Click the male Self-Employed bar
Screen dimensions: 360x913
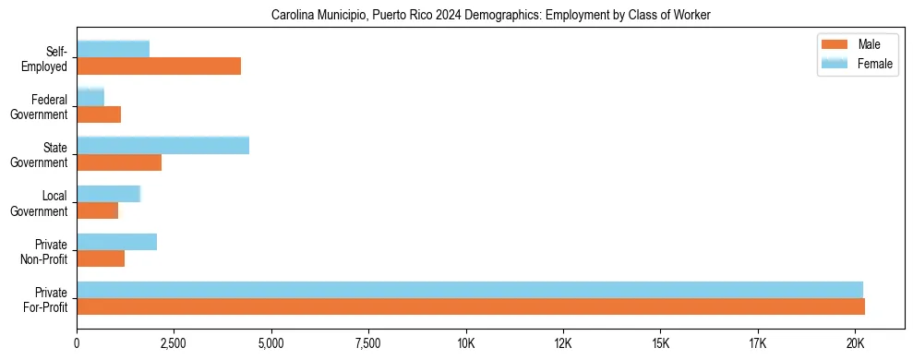click(x=159, y=66)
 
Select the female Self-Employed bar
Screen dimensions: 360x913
click(x=113, y=49)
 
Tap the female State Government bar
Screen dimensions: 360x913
click(x=162, y=145)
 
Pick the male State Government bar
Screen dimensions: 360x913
click(x=119, y=162)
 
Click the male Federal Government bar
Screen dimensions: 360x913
click(x=99, y=114)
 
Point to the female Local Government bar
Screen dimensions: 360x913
click(x=108, y=193)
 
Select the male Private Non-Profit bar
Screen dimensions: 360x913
click(x=101, y=258)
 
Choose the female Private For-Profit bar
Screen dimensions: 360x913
click(x=470, y=289)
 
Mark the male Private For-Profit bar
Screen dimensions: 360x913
click(x=471, y=306)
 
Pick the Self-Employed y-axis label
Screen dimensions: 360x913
click(x=44, y=58)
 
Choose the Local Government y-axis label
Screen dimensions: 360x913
click(x=42, y=203)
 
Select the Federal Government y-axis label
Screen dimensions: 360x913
click(x=42, y=106)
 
